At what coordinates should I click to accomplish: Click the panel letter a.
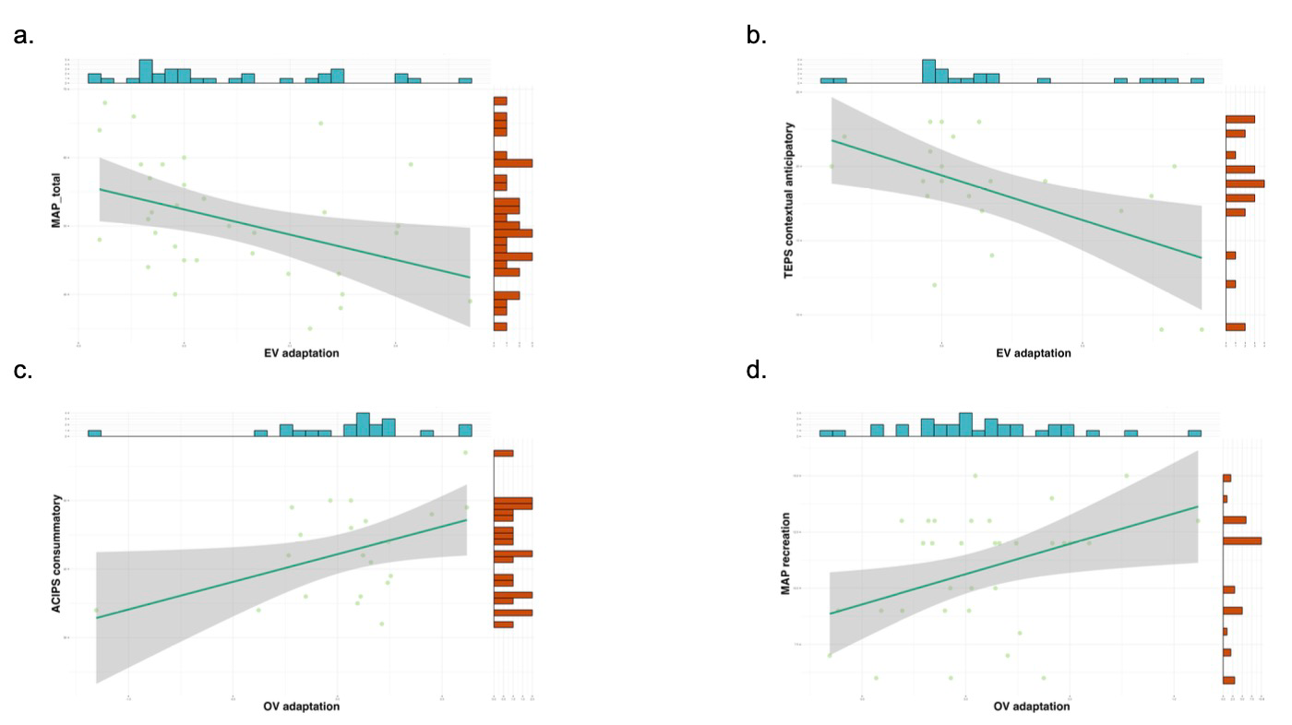[x=24, y=37]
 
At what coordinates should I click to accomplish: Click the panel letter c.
[x=23, y=371]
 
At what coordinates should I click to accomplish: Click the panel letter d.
[x=756, y=371]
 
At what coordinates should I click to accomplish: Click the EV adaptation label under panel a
[x=290, y=353]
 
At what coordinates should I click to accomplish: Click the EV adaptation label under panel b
[x=1034, y=353]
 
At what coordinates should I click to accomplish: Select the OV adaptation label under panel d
[x=1032, y=707]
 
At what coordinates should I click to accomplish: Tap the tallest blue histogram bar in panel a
[x=146, y=72]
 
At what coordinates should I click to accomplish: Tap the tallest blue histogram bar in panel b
[x=928, y=72]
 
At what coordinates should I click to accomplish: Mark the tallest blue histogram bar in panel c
[x=363, y=424]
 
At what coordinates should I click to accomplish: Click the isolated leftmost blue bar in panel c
[x=94, y=433]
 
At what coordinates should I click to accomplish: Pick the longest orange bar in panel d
[x=1242, y=541]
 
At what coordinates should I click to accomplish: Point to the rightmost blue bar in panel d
[x=1194, y=433]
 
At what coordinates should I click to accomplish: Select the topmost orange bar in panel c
[x=504, y=454]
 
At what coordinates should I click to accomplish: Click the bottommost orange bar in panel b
[x=1235, y=327]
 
